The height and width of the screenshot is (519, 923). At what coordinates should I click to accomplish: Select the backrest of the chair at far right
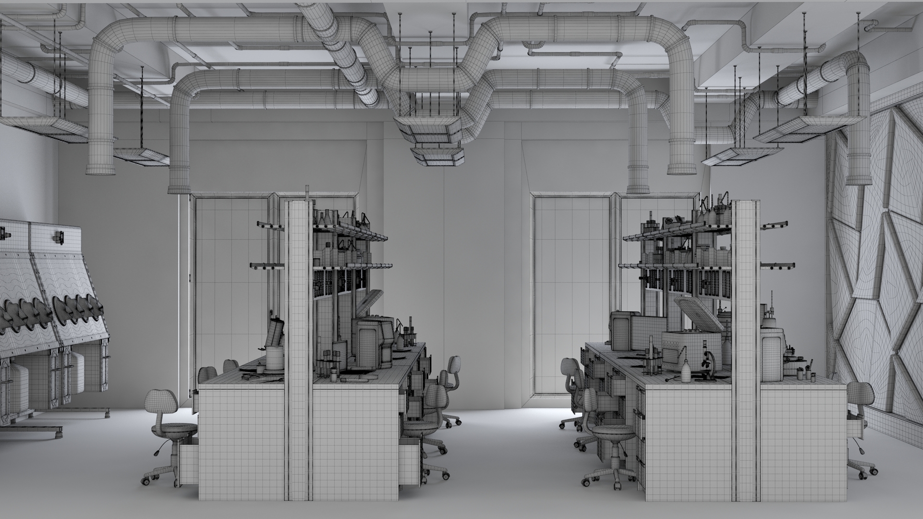[x=857, y=394]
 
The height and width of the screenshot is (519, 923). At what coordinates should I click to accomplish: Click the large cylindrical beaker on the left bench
[x=275, y=358]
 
